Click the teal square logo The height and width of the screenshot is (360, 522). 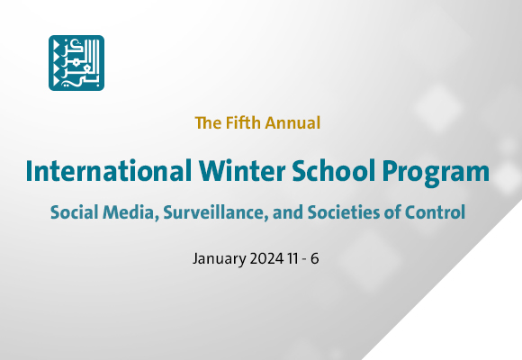[76, 63]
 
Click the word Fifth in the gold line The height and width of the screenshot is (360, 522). [238, 121]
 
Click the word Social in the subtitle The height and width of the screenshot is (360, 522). [74, 213]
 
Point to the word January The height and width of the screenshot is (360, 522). [217, 259]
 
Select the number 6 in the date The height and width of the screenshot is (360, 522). [325, 259]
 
